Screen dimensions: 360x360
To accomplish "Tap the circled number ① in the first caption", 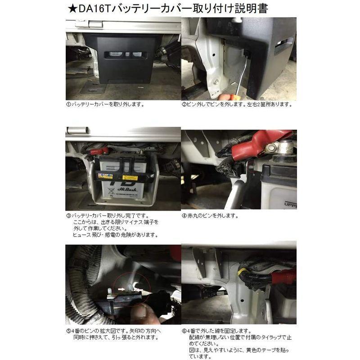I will coord(68,104).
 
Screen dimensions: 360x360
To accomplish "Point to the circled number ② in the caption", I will coord(184,104).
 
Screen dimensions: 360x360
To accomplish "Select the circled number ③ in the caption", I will coord(68,215).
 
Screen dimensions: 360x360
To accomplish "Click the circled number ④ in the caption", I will coord(184,215).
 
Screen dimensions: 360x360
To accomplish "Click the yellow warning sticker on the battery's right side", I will coord(130,177).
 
